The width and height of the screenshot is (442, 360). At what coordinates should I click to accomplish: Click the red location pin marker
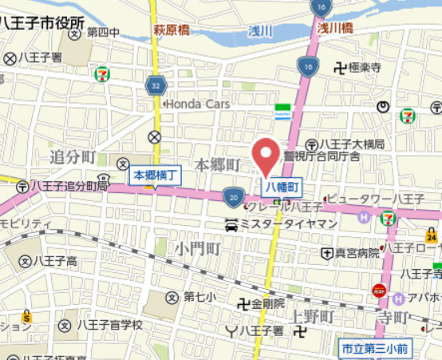(x=265, y=154)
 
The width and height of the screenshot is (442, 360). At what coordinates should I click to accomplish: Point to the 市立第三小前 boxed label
(x=374, y=348)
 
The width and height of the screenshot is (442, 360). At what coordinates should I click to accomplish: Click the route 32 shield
(x=153, y=83)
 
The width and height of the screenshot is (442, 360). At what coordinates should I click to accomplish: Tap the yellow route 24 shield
(x=432, y=236)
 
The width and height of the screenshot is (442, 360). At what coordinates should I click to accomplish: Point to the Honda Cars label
(x=199, y=104)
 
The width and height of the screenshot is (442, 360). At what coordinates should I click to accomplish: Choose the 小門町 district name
(x=199, y=248)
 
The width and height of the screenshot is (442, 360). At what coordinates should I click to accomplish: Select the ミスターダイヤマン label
(x=288, y=224)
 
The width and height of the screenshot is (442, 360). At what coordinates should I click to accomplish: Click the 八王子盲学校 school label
(x=109, y=325)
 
